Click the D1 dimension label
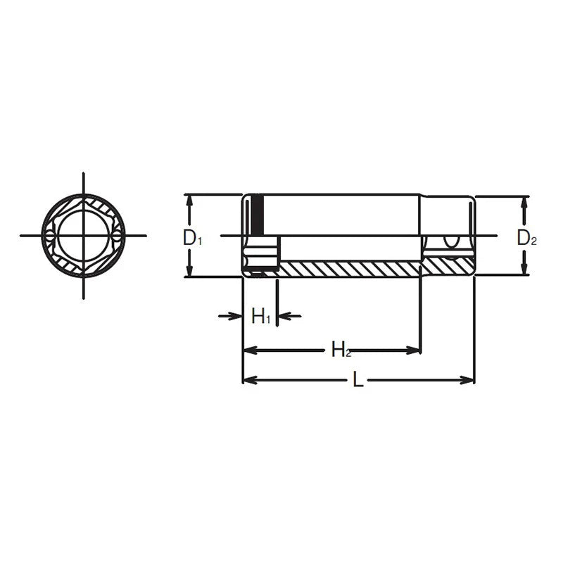(193, 238)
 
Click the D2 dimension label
(526, 238)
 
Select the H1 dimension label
(260, 316)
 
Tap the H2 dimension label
(341, 349)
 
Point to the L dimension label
(358, 379)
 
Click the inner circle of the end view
(84, 236)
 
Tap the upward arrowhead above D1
(190, 203)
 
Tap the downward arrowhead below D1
(190, 270)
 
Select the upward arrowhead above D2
(524, 204)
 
